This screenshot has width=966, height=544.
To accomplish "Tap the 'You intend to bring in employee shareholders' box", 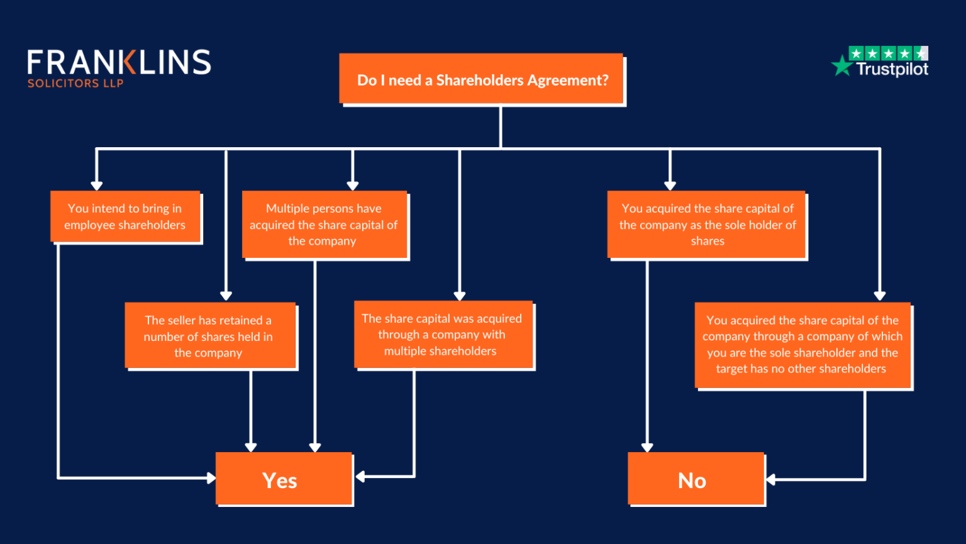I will click(125, 216).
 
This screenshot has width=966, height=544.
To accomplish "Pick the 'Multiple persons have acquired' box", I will click(325, 225).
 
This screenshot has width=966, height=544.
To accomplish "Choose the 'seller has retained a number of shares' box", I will click(210, 336).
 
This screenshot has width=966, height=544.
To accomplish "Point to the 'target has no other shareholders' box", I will click(802, 345).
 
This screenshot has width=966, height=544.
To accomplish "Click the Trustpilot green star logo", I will click(841, 65).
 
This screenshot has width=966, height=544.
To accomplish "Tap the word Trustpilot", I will click(892, 69).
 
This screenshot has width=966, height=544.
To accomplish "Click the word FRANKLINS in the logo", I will click(119, 62).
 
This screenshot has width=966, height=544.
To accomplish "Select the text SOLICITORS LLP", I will click(75, 84).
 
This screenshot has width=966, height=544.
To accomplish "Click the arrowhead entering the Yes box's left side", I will click(211, 478).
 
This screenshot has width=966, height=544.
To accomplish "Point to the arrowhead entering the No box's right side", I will click(770, 480).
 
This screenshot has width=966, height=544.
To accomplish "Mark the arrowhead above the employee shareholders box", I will click(97, 186).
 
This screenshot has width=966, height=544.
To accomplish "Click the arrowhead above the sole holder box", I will click(670, 186).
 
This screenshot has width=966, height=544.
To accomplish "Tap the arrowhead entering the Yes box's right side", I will click(360, 477).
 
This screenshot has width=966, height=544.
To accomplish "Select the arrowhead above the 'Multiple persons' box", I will click(353, 186).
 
